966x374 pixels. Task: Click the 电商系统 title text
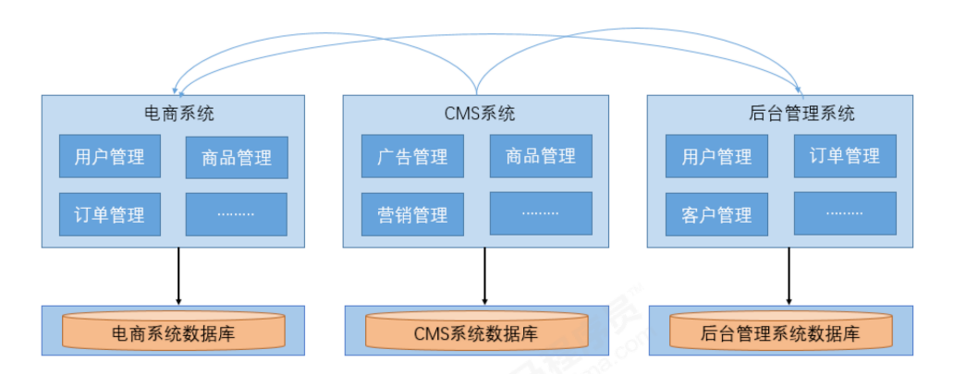(x=179, y=114)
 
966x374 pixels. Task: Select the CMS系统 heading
(x=478, y=114)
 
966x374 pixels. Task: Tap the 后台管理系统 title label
(x=801, y=114)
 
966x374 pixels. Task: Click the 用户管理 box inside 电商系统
(x=110, y=156)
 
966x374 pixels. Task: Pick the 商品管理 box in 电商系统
(x=237, y=157)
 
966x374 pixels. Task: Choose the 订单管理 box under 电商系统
(x=110, y=214)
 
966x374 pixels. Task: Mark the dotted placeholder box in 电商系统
(x=237, y=214)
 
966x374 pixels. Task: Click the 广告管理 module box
(x=412, y=156)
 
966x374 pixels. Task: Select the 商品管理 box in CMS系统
(x=541, y=156)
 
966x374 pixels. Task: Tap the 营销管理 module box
(x=412, y=214)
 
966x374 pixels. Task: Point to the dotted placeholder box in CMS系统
(x=541, y=213)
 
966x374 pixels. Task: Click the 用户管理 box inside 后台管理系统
(x=716, y=156)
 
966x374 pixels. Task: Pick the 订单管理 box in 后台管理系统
(x=845, y=156)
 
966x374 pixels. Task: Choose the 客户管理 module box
(x=716, y=214)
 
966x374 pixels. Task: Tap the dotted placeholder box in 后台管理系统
(x=845, y=213)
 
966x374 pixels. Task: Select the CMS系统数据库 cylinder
(x=476, y=332)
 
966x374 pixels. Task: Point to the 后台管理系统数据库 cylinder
(x=780, y=332)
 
